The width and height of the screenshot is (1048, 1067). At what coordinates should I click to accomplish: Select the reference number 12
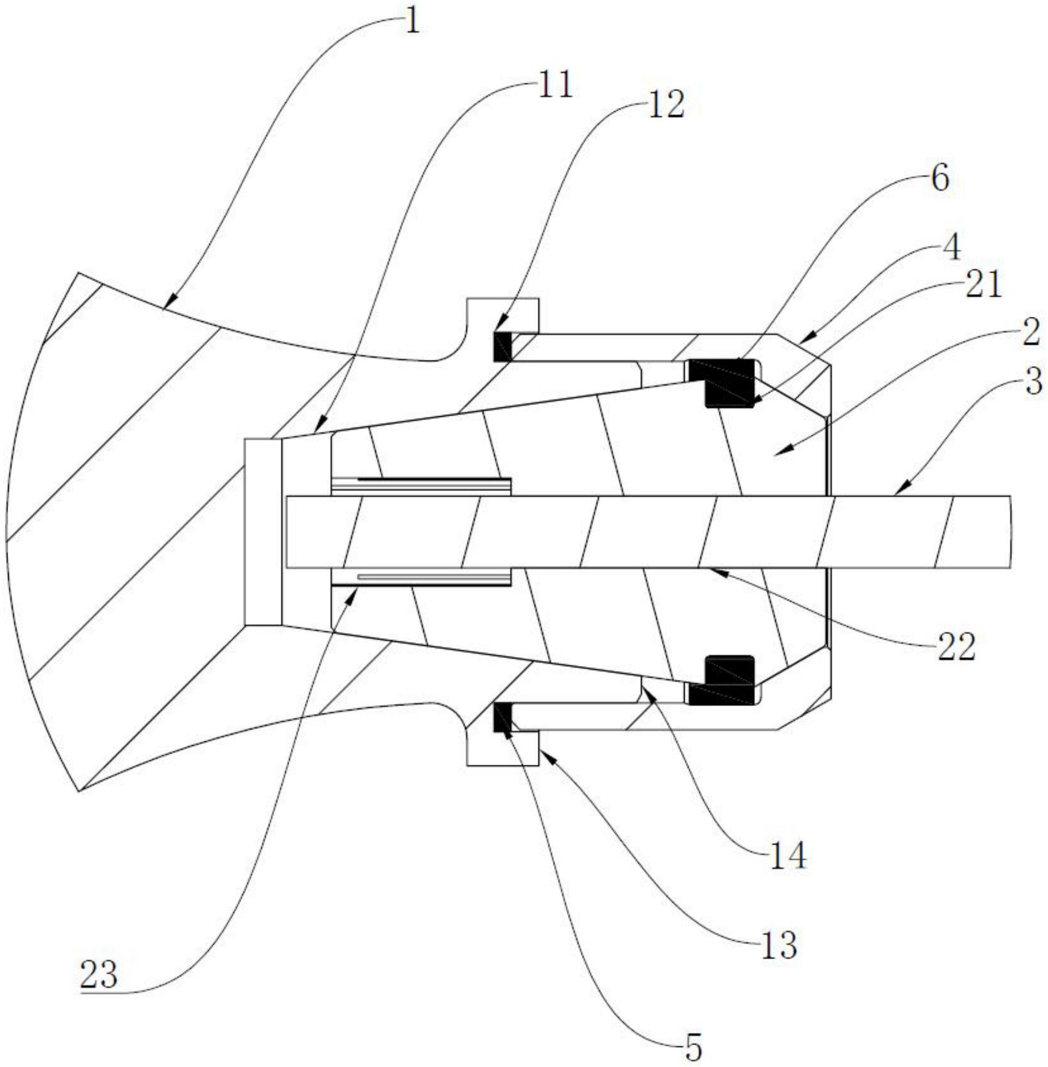pyautogui.click(x=666, y=105)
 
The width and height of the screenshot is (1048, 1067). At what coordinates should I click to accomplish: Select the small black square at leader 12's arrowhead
pyautogui.click(x=502, y=347)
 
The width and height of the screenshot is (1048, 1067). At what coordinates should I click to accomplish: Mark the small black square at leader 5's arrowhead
pyautogui.click(x=502, y=717)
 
